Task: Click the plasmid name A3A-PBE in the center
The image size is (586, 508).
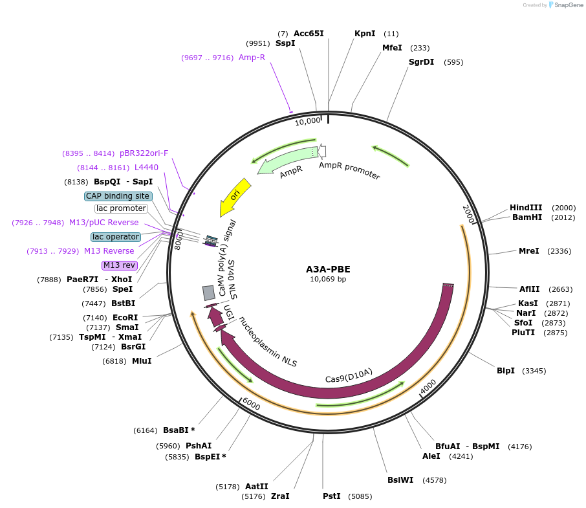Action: pyautogui.click(x=328, y=269)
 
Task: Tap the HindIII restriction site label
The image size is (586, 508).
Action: pyautogui.click(x=526, y=208)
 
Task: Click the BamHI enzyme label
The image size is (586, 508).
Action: pyautogui.click(x=526, y=217)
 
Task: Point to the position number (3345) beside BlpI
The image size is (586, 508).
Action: pyautogui.click(x=534, y=371)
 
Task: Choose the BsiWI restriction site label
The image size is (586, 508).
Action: pyautogui.click(x=400, y=480)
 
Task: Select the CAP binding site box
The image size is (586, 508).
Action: pyautogui.click(x=118, y=196)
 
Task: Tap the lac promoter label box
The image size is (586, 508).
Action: pyautogui.click(x=121, y=208)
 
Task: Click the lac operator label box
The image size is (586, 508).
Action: pyautogui.click(x=116, y=237)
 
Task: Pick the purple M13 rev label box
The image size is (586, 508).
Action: pyautogui.click(x=120, y=265)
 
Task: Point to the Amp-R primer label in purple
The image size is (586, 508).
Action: pyautogui.click(x=252, y=58)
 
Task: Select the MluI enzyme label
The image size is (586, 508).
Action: pyautogui.click(x=142, y=360)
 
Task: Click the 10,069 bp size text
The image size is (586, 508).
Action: pyautogui.click(x=328, y=280)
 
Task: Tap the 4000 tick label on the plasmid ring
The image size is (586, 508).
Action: pyautogui.click(x=428, y=386)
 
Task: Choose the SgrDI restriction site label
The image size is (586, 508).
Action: pyautogui.click(x=421, y=62)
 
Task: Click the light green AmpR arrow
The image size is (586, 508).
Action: pyautogui.click(x=285, y=160)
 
